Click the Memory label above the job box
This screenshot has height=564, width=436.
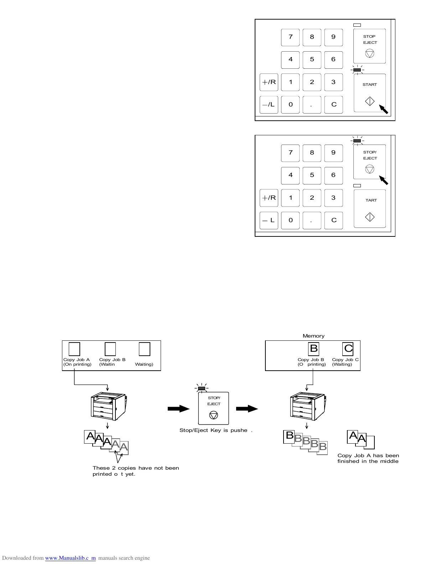313,336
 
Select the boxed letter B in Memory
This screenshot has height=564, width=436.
314,349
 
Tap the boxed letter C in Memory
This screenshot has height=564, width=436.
348,349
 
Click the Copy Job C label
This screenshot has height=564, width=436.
345,360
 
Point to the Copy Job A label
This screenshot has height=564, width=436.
77,360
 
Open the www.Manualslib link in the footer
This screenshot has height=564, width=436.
70,558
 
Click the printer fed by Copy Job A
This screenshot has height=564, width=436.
108,406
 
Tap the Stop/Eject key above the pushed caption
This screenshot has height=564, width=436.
213,408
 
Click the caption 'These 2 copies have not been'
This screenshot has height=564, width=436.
136,468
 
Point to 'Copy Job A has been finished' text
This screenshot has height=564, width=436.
368,458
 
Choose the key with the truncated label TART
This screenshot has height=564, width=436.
370,209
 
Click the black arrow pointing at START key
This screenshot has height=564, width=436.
384,109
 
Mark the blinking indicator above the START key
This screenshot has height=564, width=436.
357,70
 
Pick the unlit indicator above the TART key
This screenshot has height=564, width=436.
357,186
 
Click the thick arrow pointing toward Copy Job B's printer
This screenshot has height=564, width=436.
247,409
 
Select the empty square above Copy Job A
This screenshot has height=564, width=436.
74,349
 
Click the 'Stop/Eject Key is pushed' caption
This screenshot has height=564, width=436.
216,430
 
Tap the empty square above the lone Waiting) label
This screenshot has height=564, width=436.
144,349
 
